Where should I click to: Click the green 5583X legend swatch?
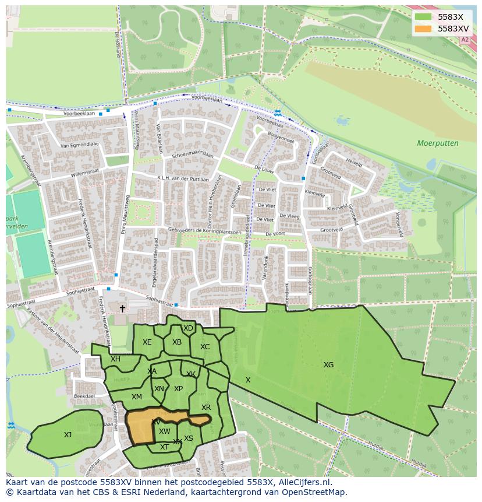[423, 17]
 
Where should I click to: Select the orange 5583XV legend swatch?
[423, 28]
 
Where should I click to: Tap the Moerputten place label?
[437, 143]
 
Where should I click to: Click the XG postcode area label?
[328, 365]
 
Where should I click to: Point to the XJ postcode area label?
[68, 434]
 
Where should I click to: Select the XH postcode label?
[115, 359]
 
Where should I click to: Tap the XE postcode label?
[147, 342]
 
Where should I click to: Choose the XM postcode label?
[136, 397]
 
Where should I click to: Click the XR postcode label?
[205, 408]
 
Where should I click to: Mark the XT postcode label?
[164, 447]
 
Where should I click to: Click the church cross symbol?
[122, 308]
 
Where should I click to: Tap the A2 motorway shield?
[464, 40]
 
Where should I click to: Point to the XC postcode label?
[204, 347]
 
